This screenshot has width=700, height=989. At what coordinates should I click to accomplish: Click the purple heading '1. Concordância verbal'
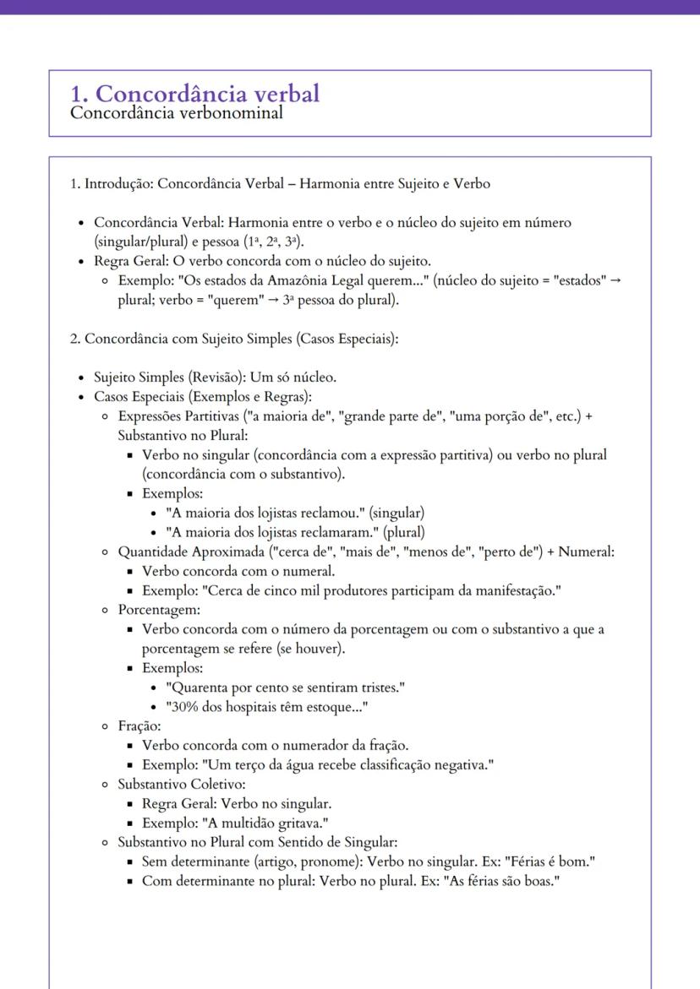pyautogui.click(x=194, y=93)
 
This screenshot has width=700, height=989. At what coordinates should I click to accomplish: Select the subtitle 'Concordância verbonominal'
pyautogui.click(x=176, y=112)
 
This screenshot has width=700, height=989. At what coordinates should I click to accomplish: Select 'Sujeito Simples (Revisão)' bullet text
pyautogui.click(x=169, y=377)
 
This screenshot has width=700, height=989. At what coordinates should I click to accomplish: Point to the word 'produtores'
pyautogui.click(x=378, y=590)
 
